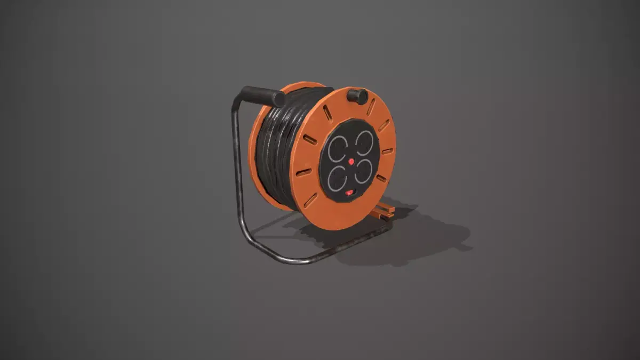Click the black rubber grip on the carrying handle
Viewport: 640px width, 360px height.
click(261, 96)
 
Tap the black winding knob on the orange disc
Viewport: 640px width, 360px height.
click(357, 96)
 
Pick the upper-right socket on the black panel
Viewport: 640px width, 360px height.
click(364, 142)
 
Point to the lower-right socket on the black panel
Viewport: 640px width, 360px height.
click(363, 172)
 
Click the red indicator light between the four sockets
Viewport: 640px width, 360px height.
click(351, 160)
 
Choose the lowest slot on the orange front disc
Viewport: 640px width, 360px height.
click(310, 200)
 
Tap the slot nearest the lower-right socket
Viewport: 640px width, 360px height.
click(382, 178)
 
